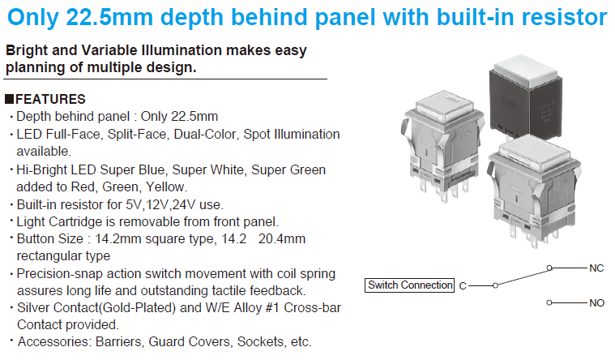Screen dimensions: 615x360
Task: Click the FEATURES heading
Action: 50,99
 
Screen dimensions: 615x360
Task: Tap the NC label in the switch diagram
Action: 596,268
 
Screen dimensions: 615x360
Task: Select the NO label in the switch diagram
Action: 596,303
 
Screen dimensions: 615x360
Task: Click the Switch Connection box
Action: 409,285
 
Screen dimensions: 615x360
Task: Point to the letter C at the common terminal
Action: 463,285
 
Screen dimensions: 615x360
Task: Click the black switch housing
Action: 525,106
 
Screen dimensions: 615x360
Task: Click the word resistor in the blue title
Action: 565,17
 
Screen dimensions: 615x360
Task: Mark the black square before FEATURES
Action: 10,99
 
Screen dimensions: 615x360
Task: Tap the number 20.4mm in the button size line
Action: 282,238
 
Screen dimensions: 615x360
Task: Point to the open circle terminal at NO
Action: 549,302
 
